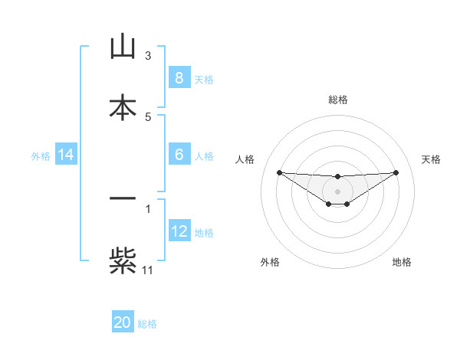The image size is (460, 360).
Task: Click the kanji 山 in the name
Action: tap(123, 47)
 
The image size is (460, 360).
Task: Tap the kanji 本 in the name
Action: tap(123, 108)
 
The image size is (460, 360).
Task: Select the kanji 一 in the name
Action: tap(123, 199)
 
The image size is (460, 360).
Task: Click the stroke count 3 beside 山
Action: tap(148, 56)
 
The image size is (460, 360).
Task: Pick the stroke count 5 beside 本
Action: tap(148, 116)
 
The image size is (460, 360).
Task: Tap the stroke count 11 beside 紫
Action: tap(148, 270)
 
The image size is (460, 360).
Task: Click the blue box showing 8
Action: tap(179, 78)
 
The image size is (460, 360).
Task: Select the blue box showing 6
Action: tap(179, 155)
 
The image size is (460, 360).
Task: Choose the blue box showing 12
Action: tap(179, 231)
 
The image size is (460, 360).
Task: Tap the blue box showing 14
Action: tap(66, 155)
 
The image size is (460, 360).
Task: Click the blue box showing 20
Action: tap(123, 322)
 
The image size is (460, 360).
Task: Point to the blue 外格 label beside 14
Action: tap(41, 156)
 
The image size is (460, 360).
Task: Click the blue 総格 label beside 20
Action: tap(147, 324)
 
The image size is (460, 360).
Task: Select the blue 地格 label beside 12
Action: tap(204, 233)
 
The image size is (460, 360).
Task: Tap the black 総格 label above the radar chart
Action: tap(337, 100)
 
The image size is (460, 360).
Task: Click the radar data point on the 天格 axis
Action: tap(396, 172)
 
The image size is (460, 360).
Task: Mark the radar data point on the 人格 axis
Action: tap(279, 172)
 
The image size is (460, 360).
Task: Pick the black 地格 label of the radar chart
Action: tap(402, 262)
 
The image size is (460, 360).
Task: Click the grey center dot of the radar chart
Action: tap(337, 191)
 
